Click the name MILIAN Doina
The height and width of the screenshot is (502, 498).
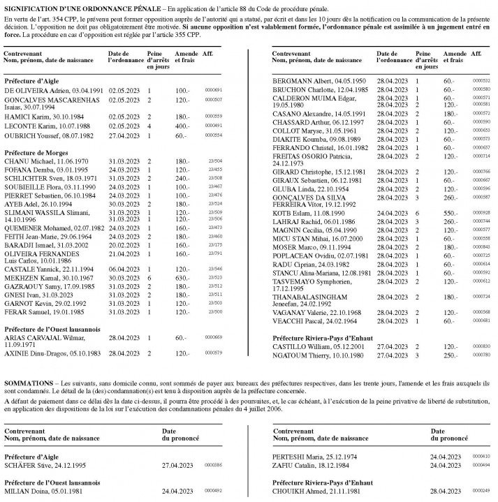[x=24, y=491]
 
